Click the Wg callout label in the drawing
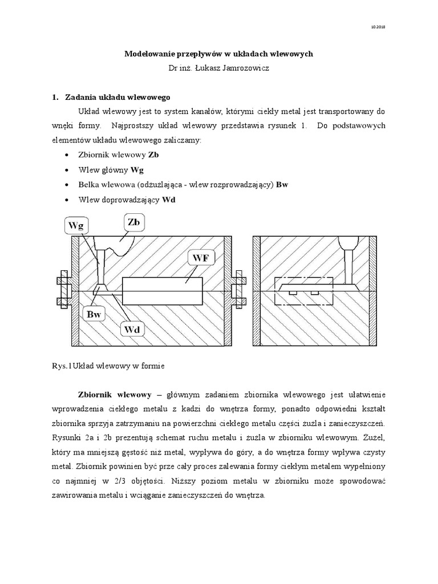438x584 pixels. pyautogui.click(x=76, y=225)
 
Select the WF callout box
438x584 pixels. pyautogui.click(x=200, y=258)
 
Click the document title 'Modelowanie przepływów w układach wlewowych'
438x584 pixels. pyautogui.click(x=219, y=54)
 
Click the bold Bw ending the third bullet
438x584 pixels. pyautogui.click(x=282, y=184)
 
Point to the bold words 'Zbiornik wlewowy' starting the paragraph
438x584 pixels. pyautogui.click(x=115, y=395)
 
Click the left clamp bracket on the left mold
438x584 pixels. pyautogui.click(x=63, y=291)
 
